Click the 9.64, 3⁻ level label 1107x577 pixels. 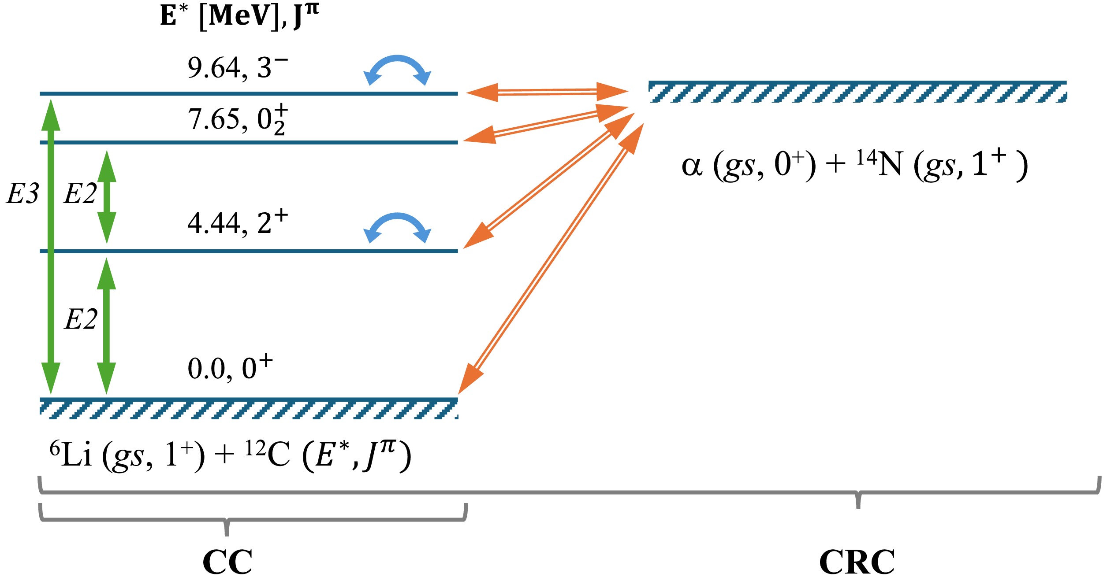(x=237, y=68)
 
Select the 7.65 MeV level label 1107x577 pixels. (x=237, y=119)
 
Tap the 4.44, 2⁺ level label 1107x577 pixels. (x=237, y=222)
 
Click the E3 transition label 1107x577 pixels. (x=22, y=193)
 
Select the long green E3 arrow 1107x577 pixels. (x=51, y=247)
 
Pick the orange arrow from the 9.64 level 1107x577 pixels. (x=547, y=92)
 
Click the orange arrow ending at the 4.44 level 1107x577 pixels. (x=549, y=181)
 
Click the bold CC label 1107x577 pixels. (x=227, y=562)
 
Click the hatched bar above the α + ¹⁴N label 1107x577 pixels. (x=857, y=92)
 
